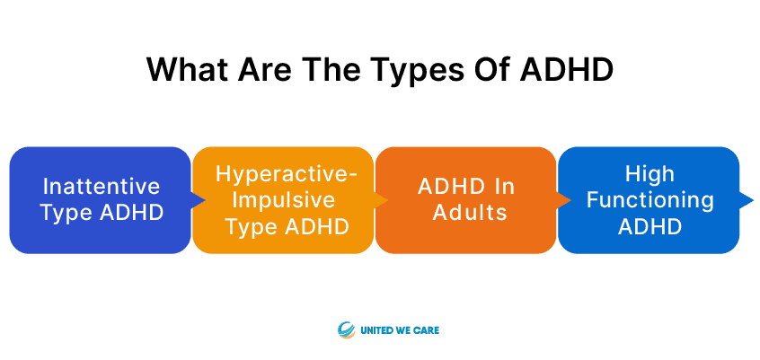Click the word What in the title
(187, 70)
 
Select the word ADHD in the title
(567, 70)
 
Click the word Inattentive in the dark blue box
(102, 187)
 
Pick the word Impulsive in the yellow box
(284, 200)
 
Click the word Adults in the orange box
(470, 213)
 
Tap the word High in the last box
(650, 174)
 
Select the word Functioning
(650, 200)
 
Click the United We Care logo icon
(347, 330)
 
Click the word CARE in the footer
(427, 331)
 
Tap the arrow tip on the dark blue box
(205, 200)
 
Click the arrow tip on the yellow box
(387, 200)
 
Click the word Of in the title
(495, 70)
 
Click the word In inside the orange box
(506, 187)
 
